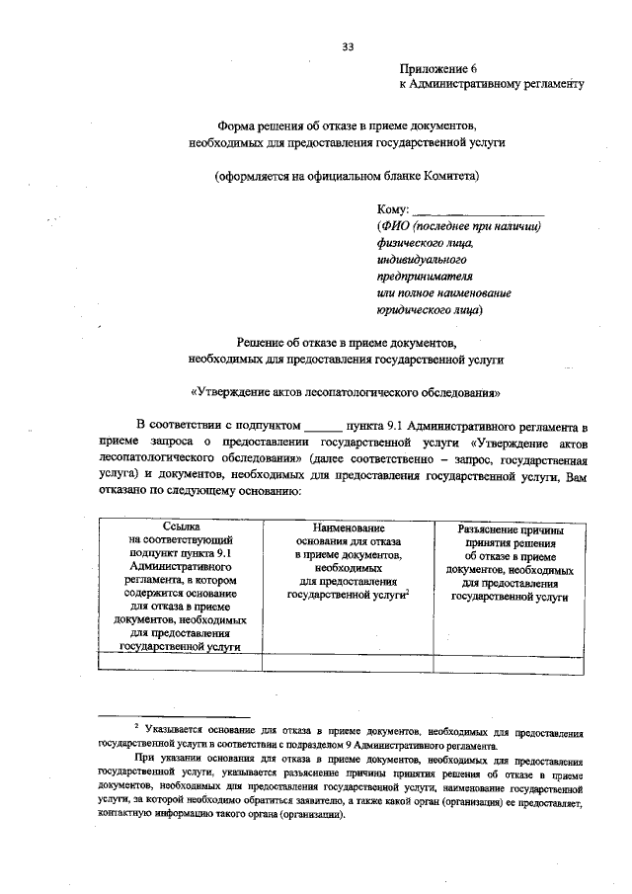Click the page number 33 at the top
click(x=348, y=45)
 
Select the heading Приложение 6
click(x=436, y=69)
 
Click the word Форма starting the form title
click(x=236, y=126)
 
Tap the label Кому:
click(x=392, y=210)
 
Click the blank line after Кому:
click(x=477, y=211)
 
